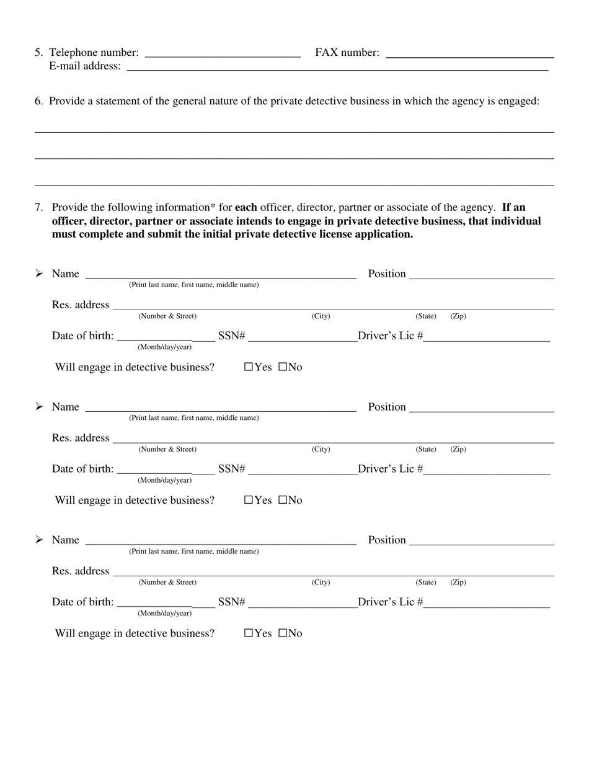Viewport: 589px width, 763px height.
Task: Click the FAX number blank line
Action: tap(469, 55)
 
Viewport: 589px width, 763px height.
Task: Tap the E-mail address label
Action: tap(85, 66)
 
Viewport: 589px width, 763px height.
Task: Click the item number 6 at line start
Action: tap(38, 101)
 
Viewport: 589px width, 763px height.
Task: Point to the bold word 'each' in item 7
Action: tap(246, 207)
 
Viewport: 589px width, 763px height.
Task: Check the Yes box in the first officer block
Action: tap(249, 367)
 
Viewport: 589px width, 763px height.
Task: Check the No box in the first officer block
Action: tap(283, 367)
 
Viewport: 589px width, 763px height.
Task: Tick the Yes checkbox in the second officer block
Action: tap(249, 500)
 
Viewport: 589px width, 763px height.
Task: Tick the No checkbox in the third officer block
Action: tap(283, 633)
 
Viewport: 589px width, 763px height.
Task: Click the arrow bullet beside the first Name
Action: tap(39, 274)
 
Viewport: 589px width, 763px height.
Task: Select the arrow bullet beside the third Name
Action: tap(39, 540)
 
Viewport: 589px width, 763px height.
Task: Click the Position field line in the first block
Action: tap(481, 277)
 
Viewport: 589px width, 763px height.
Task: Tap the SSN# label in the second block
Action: tap(232, 469)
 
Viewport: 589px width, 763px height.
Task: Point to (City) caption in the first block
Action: tap(321, 316)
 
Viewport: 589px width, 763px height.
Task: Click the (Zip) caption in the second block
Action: tap(458, 449)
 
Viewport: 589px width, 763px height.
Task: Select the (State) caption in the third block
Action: tap(426, 582)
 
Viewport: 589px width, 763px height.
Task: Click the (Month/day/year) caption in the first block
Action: tap(164, 347)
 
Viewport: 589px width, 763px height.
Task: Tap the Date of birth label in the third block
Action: tap(82, 602)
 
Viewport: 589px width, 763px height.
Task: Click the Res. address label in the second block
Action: tap(81, 438)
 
